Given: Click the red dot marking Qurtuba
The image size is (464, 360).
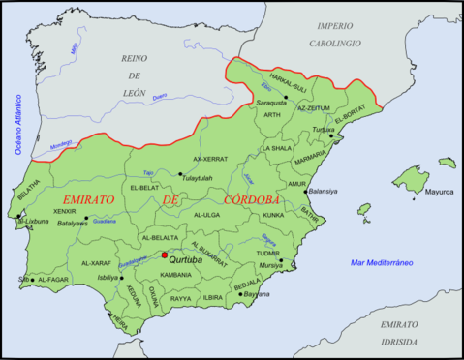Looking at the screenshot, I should pos(164,256).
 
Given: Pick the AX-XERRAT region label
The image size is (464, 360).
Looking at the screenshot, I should pos(210,159).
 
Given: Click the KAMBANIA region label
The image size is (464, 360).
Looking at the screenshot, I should pos(175,275).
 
